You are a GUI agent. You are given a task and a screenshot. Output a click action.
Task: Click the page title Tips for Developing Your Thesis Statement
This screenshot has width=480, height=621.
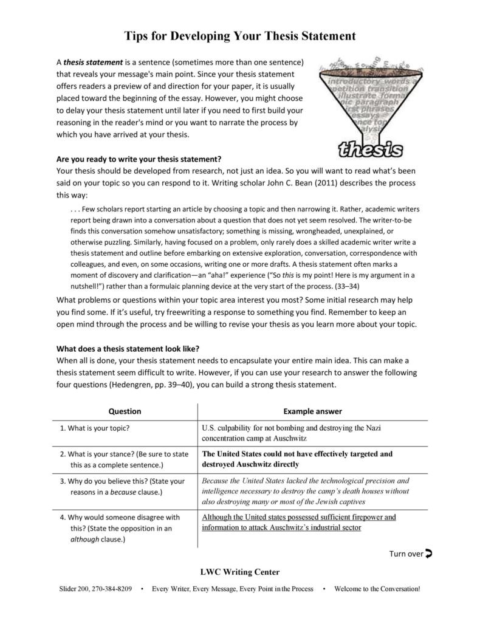[x=240, y=36]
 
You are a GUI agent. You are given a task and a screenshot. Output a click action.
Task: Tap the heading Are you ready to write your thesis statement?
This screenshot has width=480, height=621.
[x=139, y=160]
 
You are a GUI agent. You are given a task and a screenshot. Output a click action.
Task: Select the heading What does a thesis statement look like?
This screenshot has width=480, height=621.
[x=128, y=349]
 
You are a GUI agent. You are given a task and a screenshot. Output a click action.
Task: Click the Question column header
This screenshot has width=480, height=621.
[x=125, y=411]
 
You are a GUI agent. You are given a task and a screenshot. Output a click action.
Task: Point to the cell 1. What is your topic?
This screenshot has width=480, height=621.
[x=95, y=428]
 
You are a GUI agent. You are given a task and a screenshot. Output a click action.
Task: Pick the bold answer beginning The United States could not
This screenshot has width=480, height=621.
[x=297, y=459]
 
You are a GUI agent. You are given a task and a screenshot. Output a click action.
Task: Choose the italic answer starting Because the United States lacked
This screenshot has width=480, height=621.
[x=305, y=490]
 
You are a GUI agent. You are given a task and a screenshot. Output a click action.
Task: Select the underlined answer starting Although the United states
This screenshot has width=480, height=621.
[x=298, y=522]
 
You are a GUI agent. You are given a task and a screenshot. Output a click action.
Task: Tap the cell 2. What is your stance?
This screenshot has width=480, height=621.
[x=124, y=459]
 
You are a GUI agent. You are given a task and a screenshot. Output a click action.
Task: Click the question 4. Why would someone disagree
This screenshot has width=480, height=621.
[x=120, y=528]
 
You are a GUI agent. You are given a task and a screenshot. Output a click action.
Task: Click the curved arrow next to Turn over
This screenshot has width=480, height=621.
[x=429, y=553]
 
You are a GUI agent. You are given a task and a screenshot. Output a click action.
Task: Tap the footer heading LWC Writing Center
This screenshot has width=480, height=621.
[x=240, y=572]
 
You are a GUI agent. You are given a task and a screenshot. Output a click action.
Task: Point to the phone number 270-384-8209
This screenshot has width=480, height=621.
[x=112, y=589]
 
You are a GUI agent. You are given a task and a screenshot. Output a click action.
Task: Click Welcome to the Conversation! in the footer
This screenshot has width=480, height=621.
[x=377, y=589]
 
